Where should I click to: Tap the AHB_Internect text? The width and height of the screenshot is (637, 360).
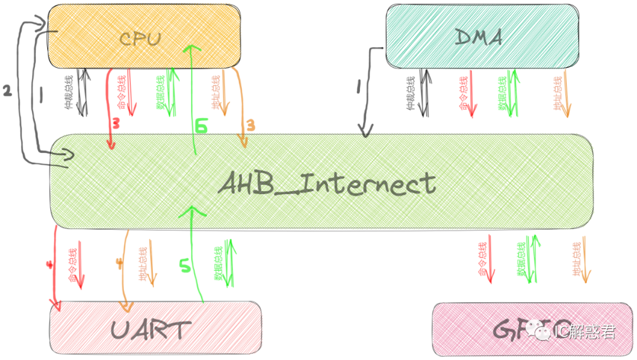pos(327,184)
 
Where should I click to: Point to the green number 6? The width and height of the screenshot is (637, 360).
pos(202,126)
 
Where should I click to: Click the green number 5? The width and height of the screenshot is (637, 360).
pos(185,266)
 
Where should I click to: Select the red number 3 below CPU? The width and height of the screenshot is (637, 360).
pos(116,124)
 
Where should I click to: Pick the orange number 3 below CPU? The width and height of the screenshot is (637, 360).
pos(250,125)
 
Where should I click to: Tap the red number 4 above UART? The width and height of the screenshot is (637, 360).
pos(49,265)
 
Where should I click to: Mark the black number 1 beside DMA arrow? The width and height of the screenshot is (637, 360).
pos(358,87)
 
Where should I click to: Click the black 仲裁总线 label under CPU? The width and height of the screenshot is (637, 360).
pos(68,93)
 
